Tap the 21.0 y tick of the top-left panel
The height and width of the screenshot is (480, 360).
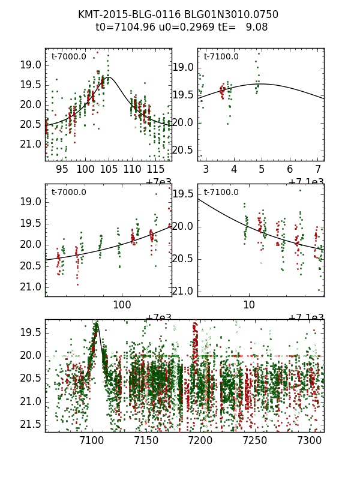point(31,144)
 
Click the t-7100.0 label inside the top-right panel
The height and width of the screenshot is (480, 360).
point(221,57)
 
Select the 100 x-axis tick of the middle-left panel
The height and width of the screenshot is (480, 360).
point(122,305)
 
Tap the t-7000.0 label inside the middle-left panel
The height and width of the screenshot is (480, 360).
point(69,193)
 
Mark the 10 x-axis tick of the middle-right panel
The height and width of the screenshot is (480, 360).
point(249,305)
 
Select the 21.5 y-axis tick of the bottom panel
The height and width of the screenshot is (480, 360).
point(31,424)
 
